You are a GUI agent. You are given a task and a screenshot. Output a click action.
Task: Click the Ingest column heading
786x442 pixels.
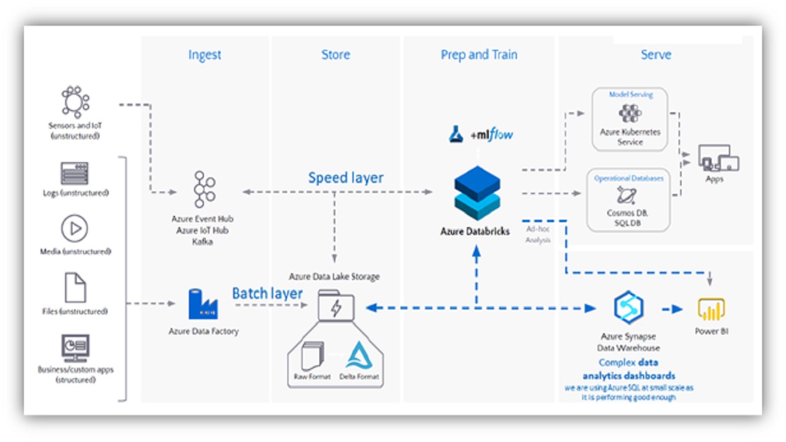tap(204, 55)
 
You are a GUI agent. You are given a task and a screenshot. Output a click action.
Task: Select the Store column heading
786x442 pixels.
tap(336, 55)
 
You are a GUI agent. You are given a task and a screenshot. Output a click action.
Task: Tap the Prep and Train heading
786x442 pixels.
tap(479, 55)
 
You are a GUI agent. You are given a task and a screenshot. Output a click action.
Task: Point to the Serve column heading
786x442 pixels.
tap(656, 55)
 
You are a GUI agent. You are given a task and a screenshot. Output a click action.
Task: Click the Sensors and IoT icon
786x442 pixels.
tap(75, 102)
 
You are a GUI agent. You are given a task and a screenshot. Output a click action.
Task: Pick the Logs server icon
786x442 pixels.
tap(75, 173)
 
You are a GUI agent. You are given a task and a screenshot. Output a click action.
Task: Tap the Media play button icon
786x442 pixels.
tap(75, 229)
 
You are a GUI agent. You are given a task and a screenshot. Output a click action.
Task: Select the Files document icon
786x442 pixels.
tap(75, 287)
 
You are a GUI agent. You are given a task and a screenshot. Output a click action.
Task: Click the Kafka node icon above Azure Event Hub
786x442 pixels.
tap(204, 189)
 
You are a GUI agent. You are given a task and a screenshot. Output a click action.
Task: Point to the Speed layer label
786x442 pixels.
tap(346, 178)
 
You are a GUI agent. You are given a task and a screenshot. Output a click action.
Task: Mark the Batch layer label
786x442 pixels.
tap(267, 293)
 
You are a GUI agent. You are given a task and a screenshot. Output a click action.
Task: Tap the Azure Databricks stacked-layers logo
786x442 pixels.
tap(477, 193)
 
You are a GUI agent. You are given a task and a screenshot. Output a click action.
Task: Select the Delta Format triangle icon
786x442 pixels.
tap(359, 355)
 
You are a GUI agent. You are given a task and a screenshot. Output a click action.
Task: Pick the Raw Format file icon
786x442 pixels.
tap(312, 356)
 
